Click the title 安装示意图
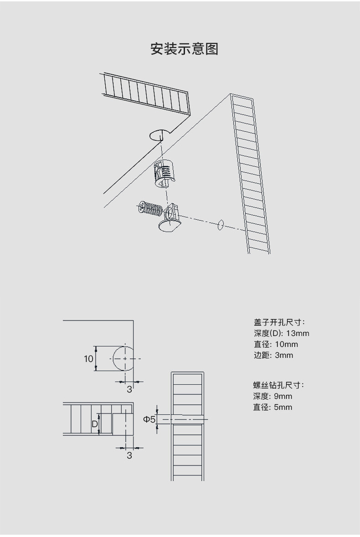(x=185, y=49)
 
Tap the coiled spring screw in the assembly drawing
(x=149, y=209)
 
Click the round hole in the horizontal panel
(x=159, y=134)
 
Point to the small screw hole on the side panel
(x=221, y=225)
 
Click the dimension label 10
(x=88, y=359)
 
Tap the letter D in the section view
(x=94, y=424)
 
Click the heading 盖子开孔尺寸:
(x=279, y=322)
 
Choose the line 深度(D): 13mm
(x=281, y=333)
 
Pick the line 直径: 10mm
(x=276, y=344)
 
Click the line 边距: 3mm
(x=273, y=355)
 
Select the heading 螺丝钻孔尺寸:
(x=278, y=385)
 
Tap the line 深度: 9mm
(x=273, y=396)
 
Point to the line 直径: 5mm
(x=273, y=407)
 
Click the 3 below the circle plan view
(x=129, y=389)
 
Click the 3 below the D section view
(x=129, y=455)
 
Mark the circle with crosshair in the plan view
(x=124, y=358)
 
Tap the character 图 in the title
(x=212, y=49)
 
